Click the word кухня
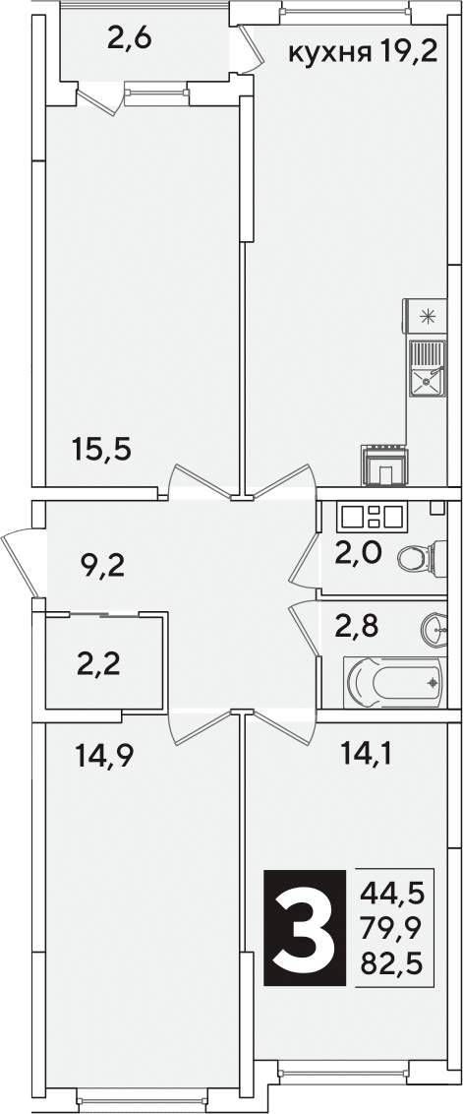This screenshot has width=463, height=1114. pyautogui.click(x=329, y=52)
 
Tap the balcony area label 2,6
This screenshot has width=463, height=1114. pyautogui.click(x=129, y=38)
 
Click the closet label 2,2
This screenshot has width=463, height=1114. pyautogui.click(x=98, y=664)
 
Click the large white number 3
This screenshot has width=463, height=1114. pyautogui.click(x=306, y=928)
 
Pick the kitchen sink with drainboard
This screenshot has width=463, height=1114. pyautogui.click(x=427, y=367)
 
